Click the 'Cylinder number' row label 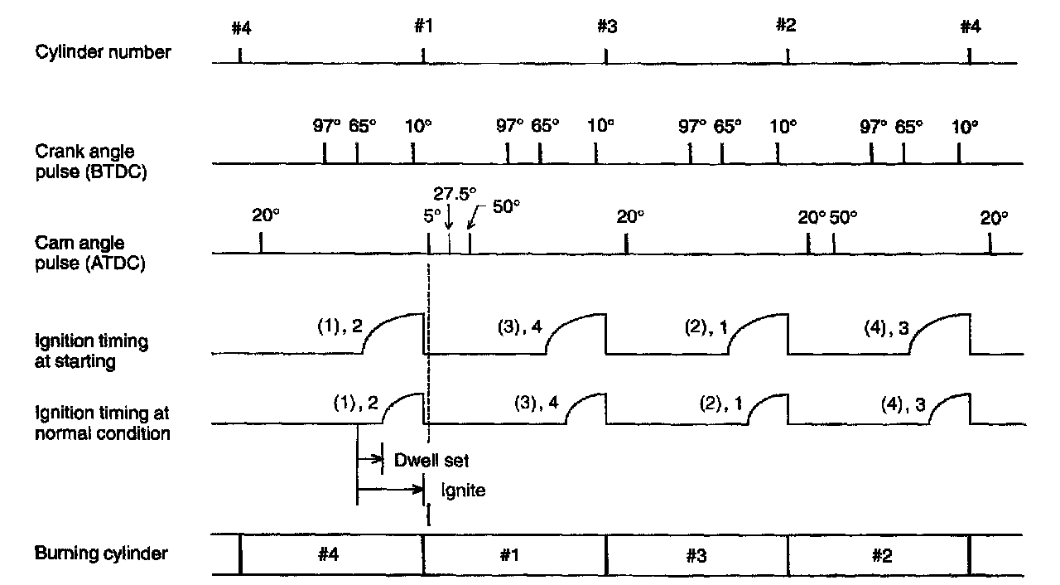click(x=104, y=52)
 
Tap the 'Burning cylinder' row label click(x=101, y=554)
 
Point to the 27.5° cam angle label click(x=455, y=193)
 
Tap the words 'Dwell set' click(x=437, y=459)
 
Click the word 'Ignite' click(x=463, y=490)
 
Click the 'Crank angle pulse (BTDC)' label click(x=91, y=162)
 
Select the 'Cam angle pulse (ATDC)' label click(x=91, y=254)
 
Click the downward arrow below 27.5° click(x=449, y=220)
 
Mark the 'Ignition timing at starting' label click(x=91, y=351)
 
